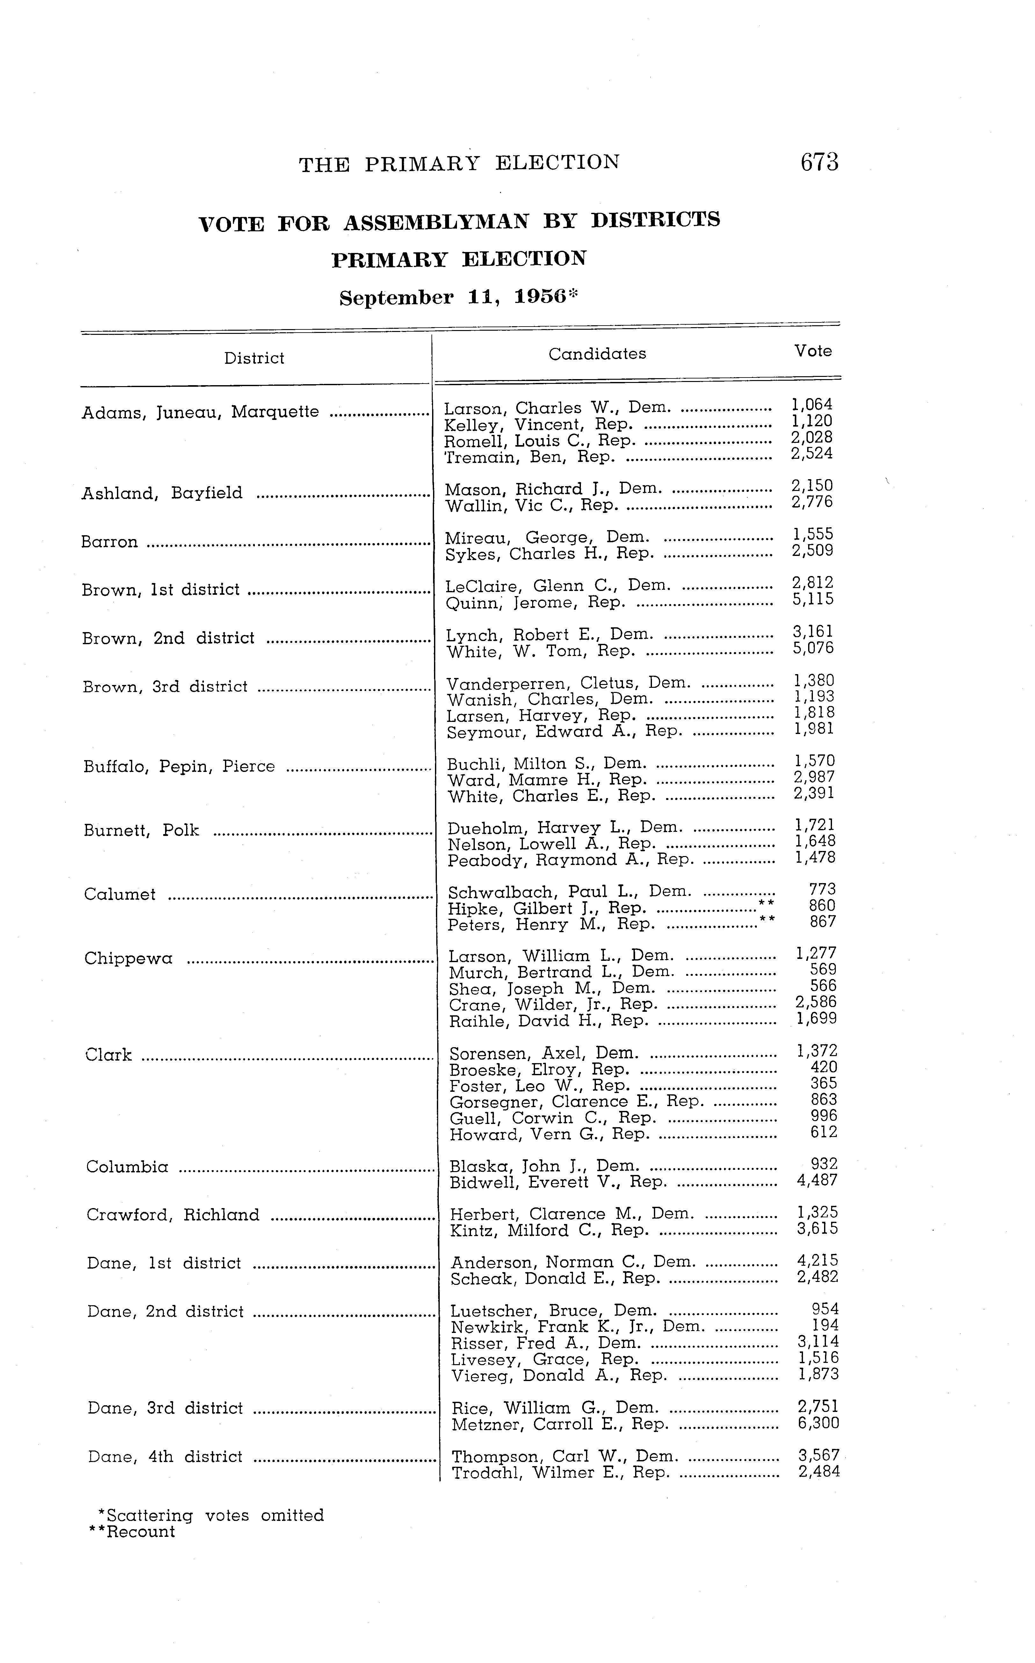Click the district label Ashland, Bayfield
pos(162,493)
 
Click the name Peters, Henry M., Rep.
pos(550,925)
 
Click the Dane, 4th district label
pos(165,1456)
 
